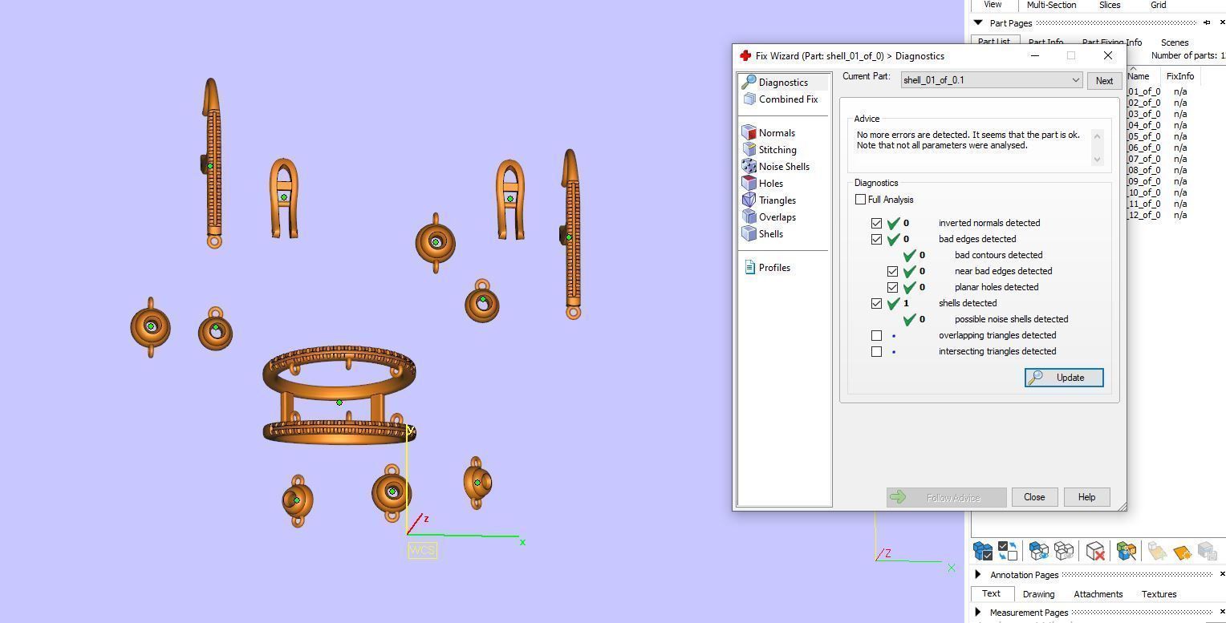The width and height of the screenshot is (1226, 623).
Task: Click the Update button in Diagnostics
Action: [x=1064, y=378]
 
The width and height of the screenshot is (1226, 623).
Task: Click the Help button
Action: [x=1086, y=497]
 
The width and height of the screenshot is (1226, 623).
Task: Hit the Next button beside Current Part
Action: [x=1104, y=81]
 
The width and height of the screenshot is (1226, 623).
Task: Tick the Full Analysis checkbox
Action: [x=861, y=200]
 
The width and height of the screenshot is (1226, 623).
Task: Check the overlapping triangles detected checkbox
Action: [x=877, y=335]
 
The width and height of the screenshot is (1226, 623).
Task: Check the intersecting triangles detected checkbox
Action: [x=877, y=351]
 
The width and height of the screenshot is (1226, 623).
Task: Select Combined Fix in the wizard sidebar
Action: [x=787, y=99]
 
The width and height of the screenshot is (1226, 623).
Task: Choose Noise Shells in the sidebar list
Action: [x=783, y=167]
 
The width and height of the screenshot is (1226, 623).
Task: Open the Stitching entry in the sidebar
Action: [x=777, y=150]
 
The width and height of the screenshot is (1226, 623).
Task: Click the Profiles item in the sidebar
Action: [x=773, y=268]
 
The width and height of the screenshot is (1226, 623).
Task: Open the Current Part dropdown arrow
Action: [x=1075, y=80]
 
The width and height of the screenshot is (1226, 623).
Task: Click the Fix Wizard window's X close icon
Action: [x=1108, y=56]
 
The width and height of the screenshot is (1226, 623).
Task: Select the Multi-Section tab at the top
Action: [x=1051, y=5]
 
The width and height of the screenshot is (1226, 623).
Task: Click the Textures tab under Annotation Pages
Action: [x=1159, y=594]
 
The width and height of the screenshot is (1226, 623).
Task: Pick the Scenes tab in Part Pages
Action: [x=1174, y=42]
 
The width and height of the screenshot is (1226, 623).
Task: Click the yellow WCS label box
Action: [x=422, y=550]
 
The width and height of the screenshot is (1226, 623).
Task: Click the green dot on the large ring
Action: [x=339, y=403]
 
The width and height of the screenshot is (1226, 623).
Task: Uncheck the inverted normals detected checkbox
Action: [x=877, y=223]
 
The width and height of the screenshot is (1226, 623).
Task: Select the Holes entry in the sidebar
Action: [x=770, y=184]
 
